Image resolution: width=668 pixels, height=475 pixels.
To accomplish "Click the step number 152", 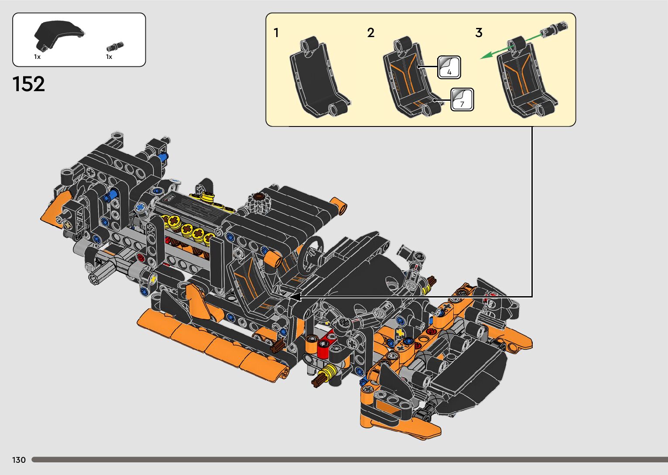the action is click(29, 84).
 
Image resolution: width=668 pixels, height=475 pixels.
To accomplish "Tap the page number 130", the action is click(19, 460).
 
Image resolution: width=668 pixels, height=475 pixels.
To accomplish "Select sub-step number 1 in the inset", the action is click(276, 33).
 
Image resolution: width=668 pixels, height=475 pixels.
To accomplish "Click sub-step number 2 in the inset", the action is click(371, 33).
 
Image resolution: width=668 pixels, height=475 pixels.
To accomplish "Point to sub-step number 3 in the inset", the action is click(479, 33).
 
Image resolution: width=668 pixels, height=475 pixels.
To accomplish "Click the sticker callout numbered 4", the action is click(449, 67).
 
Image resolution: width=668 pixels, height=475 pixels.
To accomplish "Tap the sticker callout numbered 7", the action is click(462, 99).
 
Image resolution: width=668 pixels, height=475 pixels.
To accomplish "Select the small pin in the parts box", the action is click(115, 47).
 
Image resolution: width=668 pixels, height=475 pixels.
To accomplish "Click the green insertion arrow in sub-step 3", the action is click(511, 47).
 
